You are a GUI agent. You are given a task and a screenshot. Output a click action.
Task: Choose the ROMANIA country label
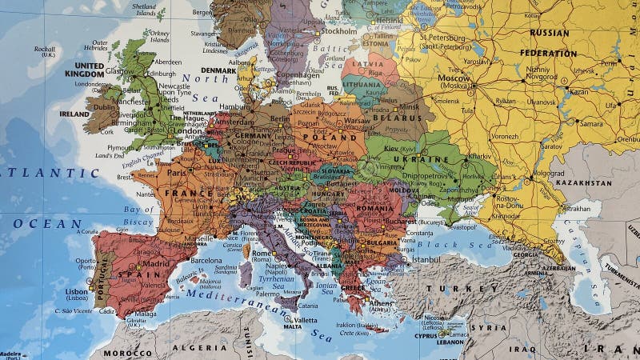coord(374,208)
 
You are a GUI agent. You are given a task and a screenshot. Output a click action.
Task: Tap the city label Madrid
coord(158,263)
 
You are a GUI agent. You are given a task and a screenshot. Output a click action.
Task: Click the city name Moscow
coord(454,78)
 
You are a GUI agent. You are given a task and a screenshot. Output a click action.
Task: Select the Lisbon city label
coord(77,292)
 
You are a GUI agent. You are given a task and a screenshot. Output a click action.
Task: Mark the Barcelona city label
coord(206,260)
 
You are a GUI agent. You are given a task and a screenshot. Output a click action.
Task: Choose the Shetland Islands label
coord(145,9)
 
